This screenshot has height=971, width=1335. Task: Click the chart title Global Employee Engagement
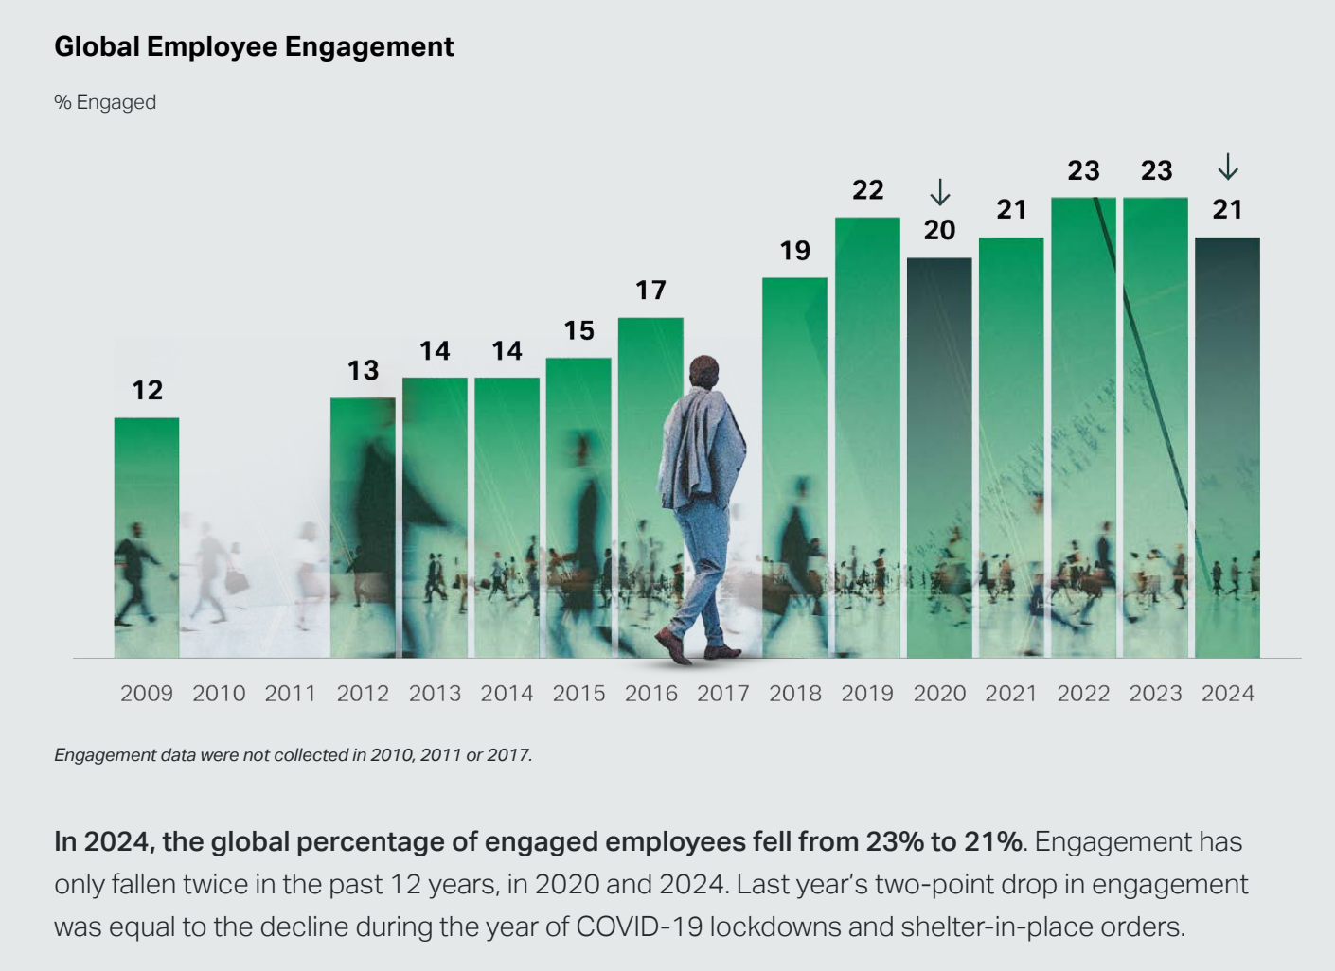tap(254, 46)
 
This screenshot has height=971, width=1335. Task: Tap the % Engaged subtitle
tap(105, 102)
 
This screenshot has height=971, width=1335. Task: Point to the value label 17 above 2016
tap(650, 290)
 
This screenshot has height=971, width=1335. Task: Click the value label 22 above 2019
tap(867, 190)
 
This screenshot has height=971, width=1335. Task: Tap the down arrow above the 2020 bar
tap(939, 192)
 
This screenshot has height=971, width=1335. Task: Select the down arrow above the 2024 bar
tap(1227, 167)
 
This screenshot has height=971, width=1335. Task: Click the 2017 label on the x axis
tap(723, 694)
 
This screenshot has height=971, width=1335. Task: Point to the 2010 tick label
tap(219, 694)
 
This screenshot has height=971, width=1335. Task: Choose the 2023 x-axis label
tap(1155, 694)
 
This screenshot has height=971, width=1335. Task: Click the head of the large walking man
tap(703, 371)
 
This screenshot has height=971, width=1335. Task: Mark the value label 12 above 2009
tap(147, 390)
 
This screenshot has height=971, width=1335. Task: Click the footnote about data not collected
tap(293, 755)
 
